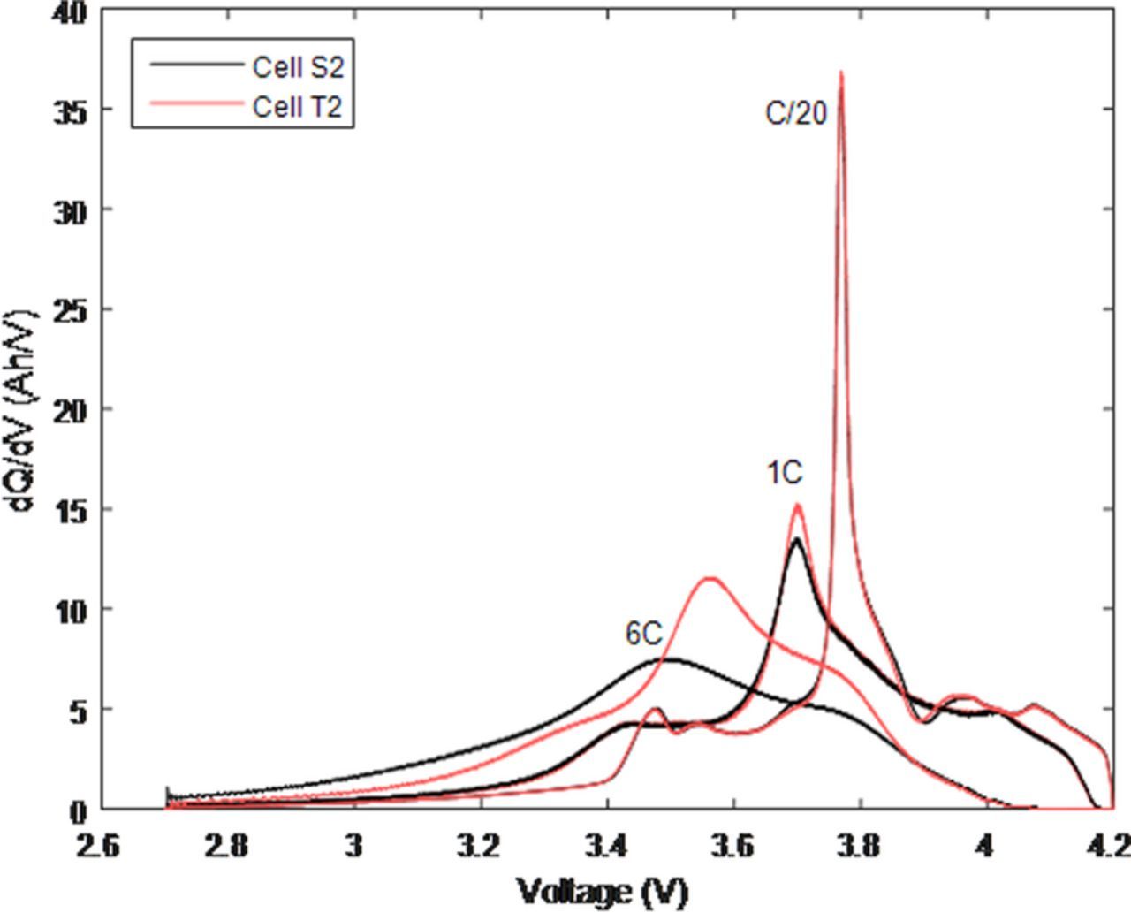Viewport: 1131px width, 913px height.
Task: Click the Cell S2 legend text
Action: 297,67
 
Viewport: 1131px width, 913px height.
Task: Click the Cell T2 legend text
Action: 297,106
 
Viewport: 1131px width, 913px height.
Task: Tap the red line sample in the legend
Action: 195,105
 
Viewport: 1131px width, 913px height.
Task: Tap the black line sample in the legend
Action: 195,65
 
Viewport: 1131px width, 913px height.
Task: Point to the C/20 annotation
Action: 795,113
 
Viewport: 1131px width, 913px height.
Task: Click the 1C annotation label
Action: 784,474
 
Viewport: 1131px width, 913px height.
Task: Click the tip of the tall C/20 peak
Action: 841,72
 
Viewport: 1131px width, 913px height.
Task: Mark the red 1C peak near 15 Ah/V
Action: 798,506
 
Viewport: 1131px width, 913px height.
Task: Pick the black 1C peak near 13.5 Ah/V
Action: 796,538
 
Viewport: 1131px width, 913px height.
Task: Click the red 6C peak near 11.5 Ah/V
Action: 710,578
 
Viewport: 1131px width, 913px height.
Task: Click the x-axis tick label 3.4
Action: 606,846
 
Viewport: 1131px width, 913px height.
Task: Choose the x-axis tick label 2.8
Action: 226,846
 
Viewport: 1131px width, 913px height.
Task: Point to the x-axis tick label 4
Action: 986,846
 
